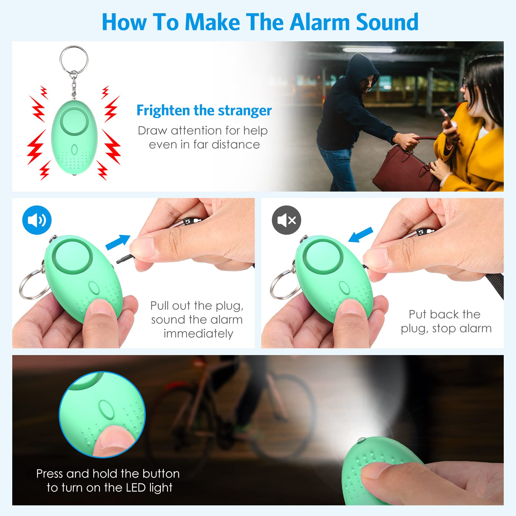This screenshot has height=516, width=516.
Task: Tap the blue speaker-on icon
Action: [x=37, y=220]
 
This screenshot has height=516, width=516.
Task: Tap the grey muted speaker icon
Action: [x=286, y=220]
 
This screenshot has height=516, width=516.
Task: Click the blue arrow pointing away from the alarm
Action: [x=118, y=242]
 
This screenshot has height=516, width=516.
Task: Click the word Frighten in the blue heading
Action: [x=163, y=110]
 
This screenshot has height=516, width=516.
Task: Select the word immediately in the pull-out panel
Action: [x=198, y=333]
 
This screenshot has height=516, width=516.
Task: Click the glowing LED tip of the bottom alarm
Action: [x=362, y=440]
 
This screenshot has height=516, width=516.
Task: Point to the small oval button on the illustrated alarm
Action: [x=74, y=150]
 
